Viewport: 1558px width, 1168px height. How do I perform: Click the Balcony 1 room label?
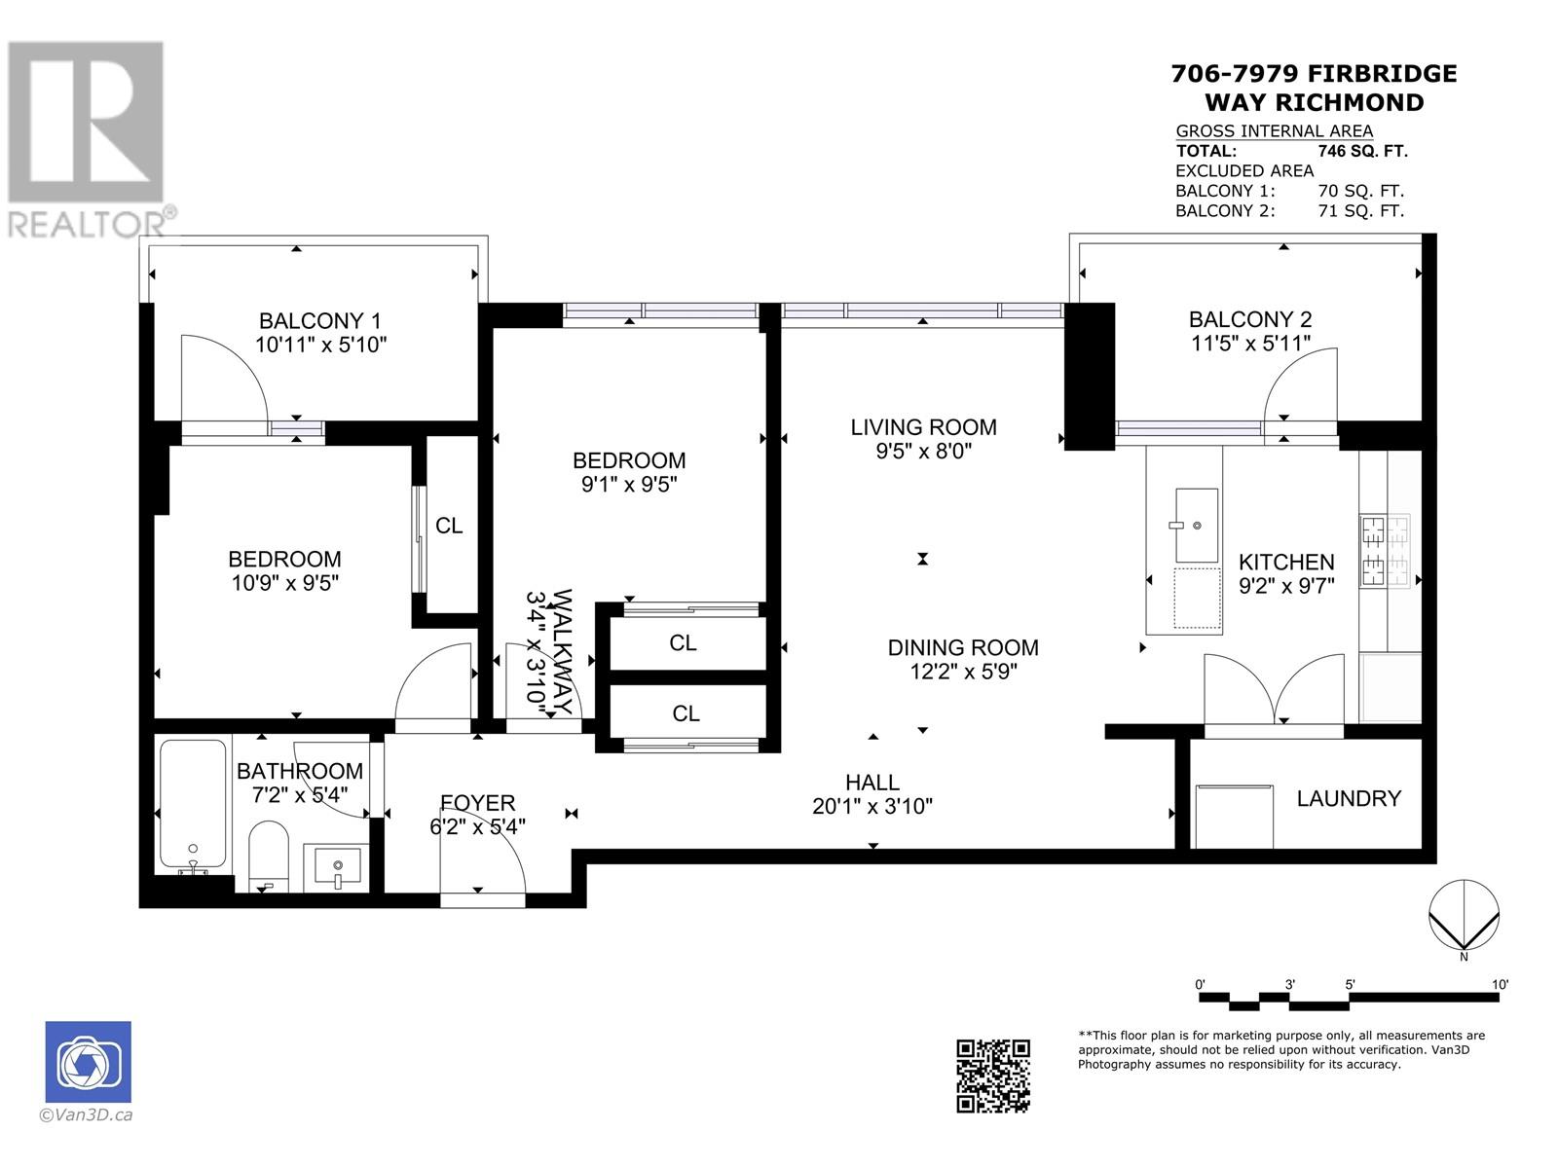coord(319,320)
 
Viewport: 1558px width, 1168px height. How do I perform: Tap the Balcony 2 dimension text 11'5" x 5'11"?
coord(1250,343)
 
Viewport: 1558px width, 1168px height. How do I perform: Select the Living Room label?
coord(923,426)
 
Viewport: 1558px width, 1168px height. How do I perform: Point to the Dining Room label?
coord(962,647)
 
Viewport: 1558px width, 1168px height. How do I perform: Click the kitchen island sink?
coord(1197,526)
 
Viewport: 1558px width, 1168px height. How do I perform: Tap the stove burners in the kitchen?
coord(1385,553)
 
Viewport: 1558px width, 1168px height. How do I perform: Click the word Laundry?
coord(1349,798)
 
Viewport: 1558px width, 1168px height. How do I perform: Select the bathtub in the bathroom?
coord(193,806)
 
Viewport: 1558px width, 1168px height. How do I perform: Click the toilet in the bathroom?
coord(268,855)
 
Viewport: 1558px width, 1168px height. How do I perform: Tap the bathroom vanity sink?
coord(337,866)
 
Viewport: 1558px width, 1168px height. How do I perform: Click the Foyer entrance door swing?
coord(482,861)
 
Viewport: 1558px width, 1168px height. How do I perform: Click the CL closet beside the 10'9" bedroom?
coord(449,526)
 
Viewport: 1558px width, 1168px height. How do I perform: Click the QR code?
coord(992,1076)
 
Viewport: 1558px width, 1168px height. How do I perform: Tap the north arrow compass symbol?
coord(1464,915)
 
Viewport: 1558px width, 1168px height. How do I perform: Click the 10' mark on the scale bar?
coord(1500,985)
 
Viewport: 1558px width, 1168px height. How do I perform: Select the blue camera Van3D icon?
coord(88,1062)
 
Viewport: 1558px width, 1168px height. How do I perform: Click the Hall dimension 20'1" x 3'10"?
coord(872,806)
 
